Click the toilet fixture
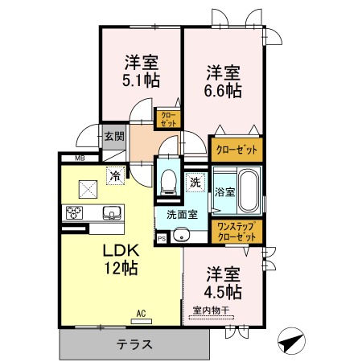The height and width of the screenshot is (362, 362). (x=168, y=182)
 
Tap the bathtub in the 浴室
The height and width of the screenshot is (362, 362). (x=249, y=191)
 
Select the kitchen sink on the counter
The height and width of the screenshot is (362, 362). (x=112, y=213)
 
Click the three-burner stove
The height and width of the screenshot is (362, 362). (x=74, y=213)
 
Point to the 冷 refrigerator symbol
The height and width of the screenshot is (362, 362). (x=116, y=176)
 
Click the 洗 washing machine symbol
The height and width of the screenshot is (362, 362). (x=195, y=183)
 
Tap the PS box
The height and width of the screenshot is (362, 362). (x=162, y=238)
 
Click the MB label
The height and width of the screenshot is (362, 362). (x=80, y=158)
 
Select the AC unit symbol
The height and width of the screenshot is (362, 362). (x=141, y=321)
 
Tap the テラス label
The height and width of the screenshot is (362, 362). (x=134, y=344)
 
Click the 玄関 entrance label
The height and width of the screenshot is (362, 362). (x=114, y=137)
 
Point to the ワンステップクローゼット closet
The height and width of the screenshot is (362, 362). (x=237, y=232)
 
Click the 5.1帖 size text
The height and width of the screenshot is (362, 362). (x=141, y=80)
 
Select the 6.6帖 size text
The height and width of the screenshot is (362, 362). (x=223, y=91)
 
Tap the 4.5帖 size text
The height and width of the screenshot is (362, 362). (x=223, y=292)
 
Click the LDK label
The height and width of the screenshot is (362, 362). (x=121, y=250)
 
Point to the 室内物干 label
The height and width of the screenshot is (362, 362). (x=211, y=311)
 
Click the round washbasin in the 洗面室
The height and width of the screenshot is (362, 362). (x=182, y=236)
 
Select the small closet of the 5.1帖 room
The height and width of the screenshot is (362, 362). (x=168, y=119)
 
